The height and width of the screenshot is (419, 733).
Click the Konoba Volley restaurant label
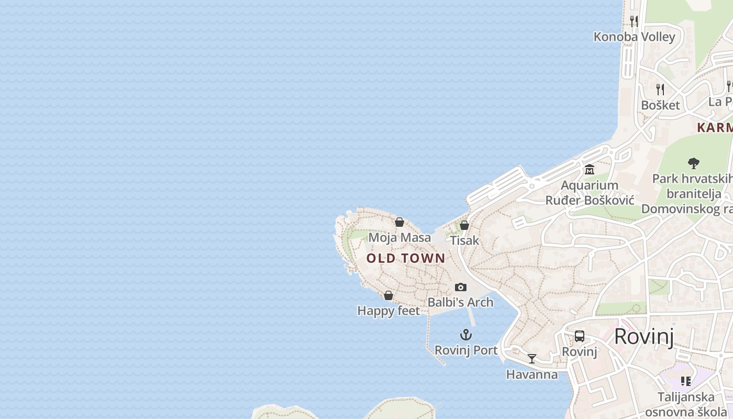pos(634,37)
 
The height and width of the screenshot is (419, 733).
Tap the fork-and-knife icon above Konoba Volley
pos(634,21)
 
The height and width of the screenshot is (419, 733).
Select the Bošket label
pos(660,105)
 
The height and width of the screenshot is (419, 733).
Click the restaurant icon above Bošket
pos(660,90)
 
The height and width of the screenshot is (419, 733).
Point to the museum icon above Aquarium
pos(590,170)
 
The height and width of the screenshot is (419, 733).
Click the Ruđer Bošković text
pos(590,200)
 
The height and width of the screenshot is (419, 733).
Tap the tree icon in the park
pos(694,163)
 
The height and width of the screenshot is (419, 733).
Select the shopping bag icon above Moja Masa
pos(399,222)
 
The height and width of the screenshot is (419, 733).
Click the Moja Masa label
pos(399,237)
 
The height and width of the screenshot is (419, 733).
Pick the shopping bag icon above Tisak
pos(464,225)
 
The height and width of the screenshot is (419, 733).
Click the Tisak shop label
pos(464,240)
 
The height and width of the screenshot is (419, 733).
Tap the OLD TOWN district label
pos(406,258)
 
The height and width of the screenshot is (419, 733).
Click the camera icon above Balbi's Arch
pos(461,287)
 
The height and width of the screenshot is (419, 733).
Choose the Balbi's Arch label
pos(460,302)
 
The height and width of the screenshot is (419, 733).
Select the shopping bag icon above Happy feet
pos(388,295)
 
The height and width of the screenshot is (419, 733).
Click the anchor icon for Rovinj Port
pos(466,335)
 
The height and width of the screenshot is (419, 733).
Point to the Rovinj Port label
pos(466,350)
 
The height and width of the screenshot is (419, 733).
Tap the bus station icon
pos(580,336)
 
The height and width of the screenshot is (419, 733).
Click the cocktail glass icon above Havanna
pos(532,359)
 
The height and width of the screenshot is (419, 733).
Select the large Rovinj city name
pos(643,336)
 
